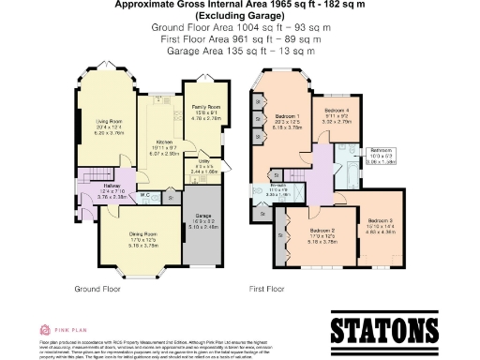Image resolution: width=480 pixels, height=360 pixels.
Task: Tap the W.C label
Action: tap(145, 195)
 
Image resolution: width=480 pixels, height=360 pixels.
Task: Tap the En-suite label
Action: tap(278, 187)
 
